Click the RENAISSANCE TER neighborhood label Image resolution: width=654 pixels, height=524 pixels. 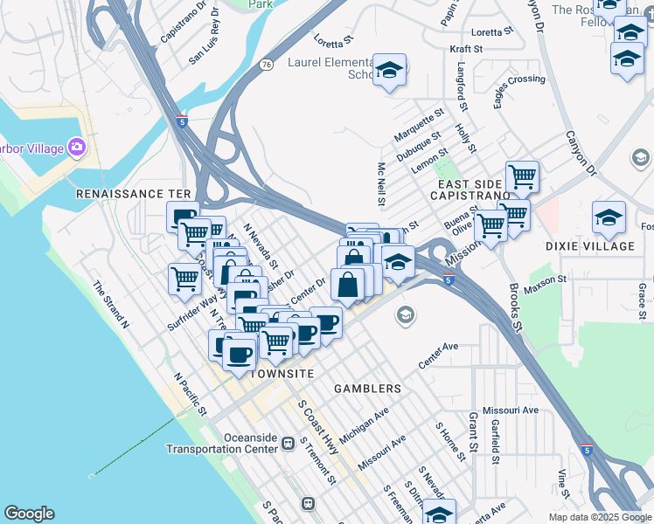pos(133,193)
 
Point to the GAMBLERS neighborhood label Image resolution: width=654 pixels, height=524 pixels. pos(368,388)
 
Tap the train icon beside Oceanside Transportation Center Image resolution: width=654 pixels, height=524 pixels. pos(287,445)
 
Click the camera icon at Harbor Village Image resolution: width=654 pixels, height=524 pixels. pos(78,148)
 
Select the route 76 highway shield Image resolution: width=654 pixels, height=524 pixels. pos(266,65)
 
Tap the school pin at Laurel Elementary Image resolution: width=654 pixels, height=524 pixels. pos(389,69)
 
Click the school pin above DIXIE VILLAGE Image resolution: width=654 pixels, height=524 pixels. pos(609,217)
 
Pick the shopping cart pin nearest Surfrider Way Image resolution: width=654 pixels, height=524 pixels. pos(184,279)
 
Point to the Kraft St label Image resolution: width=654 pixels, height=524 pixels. pos(466,50)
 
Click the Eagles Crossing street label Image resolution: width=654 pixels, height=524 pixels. pos(519,91)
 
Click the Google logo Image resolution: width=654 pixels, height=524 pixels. pos(30,514)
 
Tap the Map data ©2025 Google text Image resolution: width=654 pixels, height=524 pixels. pos(599,517)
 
